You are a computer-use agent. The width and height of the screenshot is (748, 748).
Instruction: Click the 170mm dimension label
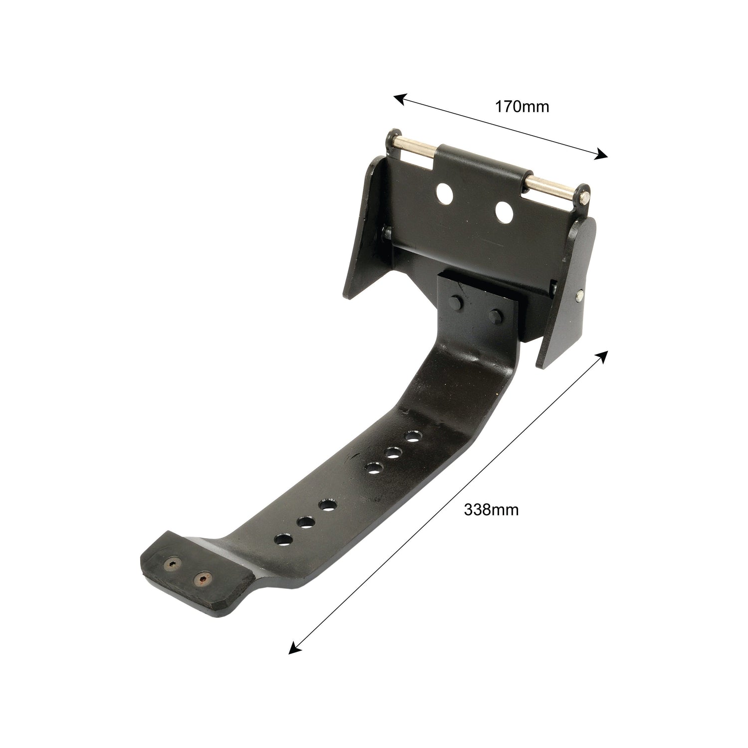(x=522, y=106)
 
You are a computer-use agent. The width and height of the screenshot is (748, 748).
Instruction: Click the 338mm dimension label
(x=491, y=510)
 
